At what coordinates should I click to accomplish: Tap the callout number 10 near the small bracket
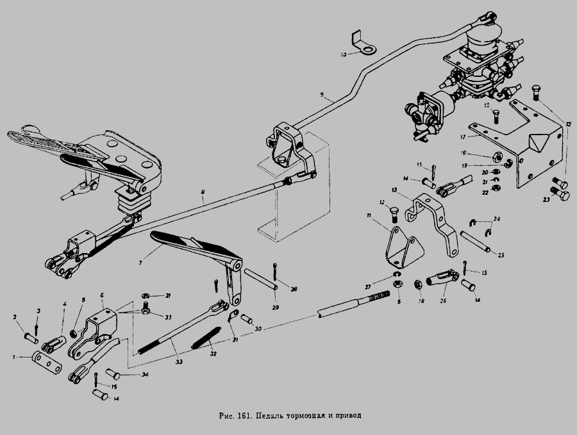pyautogui.click(x=343, y=55)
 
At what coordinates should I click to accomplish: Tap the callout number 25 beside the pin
pyautogui.click(x=501, y=256)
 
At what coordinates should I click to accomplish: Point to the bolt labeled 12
pyautogui.click(x=394, y=211)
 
